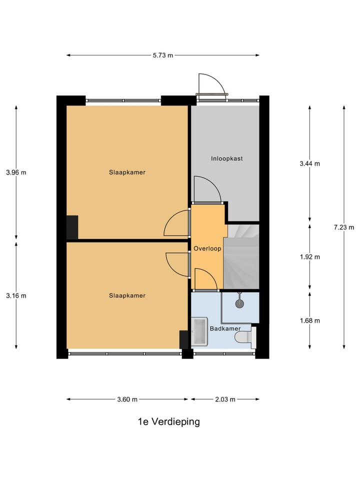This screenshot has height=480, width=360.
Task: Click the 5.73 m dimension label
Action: pyautogui.click(x=163, y=55)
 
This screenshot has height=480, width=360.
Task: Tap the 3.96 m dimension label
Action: pyautogui.click(x=16, y=172)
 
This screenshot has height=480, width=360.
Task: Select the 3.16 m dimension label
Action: pyautogui.click(x=16, y=295)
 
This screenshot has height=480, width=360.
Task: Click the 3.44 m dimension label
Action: pyautogui.click(x=309, y=163)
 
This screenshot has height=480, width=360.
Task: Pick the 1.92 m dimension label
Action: pyautogui.click(x=309, y=257)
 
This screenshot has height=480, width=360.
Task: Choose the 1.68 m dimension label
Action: pyautogui.click(x=309, y=320)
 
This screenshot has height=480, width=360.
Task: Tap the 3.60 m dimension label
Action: pyautogui.click(x=127, y=399)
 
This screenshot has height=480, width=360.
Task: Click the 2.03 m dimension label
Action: pyautogui.click(x=225, y=399)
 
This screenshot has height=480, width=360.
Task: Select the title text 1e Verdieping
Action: pyautogui.click(x=169, y=421)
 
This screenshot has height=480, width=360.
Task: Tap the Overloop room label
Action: pyautogui.click(x=207, y=248)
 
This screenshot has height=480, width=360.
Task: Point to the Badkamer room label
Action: pyautogui.click(x=225, y=328)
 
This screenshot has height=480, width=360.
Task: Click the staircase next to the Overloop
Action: pyautogui.click(x=240, y=257)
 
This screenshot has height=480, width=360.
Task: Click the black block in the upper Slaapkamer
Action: pyautogui.click(x=72, y=227)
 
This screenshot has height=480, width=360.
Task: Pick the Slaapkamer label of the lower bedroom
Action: pyautogui.click(x=127, y=295)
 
